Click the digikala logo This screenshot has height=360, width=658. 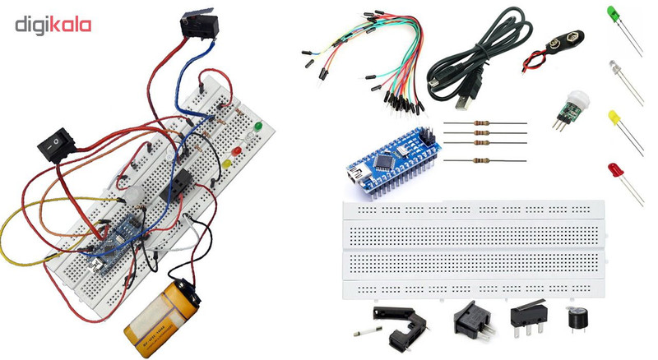coord(53,25)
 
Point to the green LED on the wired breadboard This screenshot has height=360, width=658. coord(257,127)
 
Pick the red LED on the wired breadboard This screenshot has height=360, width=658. coord(235,153)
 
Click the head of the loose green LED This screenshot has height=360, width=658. coord(614,14)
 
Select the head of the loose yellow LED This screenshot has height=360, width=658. coord(614,118)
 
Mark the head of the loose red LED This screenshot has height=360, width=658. coord(614,170)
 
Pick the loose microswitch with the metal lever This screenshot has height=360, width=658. coord(526,317)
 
